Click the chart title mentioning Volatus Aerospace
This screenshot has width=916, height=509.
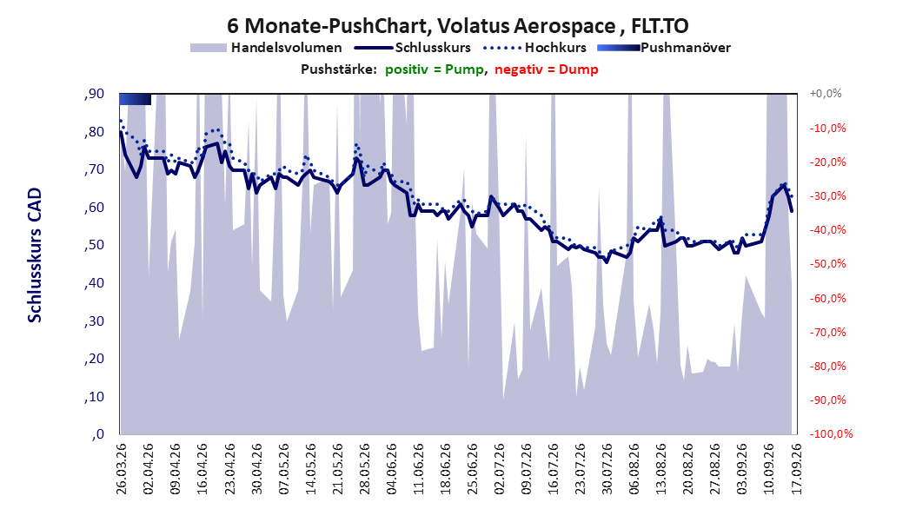tap(458, 26)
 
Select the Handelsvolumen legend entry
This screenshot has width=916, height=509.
tap(267, 48)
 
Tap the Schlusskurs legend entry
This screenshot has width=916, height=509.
tap(413, 48)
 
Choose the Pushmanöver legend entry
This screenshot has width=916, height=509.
tap(664, 48)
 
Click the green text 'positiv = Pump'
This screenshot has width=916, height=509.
tap(435, 69)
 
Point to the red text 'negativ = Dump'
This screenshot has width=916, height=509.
tap(547, 69)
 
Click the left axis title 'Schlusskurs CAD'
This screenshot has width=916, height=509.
tap(35, 255)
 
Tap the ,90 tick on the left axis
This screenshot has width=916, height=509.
tap(94, 94)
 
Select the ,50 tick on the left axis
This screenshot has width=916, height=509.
tap(94, 245)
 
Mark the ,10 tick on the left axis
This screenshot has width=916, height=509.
tap(94, 396)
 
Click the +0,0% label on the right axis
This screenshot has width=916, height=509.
tap(826, 94)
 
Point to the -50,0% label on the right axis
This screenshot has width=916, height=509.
tap(827, 264)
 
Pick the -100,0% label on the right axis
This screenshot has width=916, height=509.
tap(831, 433)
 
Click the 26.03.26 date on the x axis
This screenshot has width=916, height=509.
tap(122, 468)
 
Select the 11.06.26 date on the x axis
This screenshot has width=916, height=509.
tap(419, 468)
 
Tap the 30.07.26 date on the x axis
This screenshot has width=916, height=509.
tap(608, 468)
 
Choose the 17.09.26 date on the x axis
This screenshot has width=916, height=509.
tap(797, 468)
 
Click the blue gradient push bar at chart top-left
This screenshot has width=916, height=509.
tap(135, 99)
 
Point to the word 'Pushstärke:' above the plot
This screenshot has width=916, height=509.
tap(339, 69)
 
